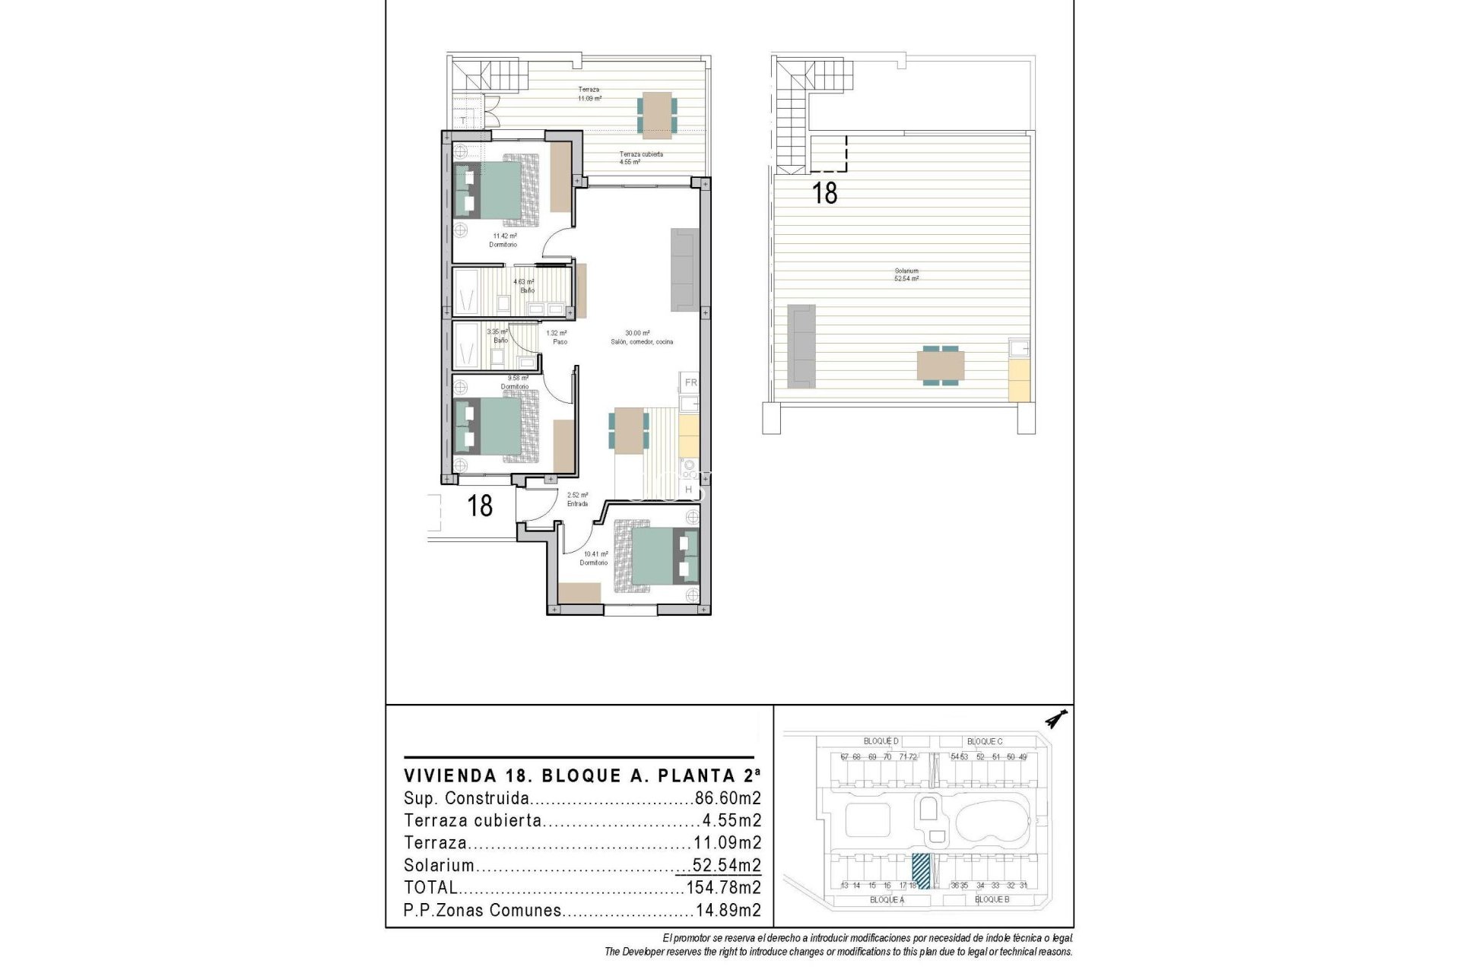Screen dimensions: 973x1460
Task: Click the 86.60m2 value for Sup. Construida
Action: (728, 799)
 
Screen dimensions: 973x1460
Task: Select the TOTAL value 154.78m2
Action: (723, 888)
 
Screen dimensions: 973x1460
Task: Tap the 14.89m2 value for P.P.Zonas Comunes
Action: (728, 911)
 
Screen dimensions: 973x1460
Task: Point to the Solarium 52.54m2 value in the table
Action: (726, 866)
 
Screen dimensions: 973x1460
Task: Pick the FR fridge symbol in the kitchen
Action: (690, 382)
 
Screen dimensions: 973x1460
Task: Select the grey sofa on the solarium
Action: (801, 344)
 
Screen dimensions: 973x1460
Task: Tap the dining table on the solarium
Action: (941, 366)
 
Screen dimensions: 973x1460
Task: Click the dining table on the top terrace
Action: (655, 114)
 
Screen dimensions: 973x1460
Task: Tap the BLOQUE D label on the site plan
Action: (881, 741)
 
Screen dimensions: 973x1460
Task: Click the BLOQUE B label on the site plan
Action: (992, 899)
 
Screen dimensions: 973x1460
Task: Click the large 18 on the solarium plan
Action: (825, 193)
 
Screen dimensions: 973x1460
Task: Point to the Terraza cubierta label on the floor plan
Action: (640, 154)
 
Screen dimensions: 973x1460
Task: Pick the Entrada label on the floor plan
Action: (577, 503)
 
